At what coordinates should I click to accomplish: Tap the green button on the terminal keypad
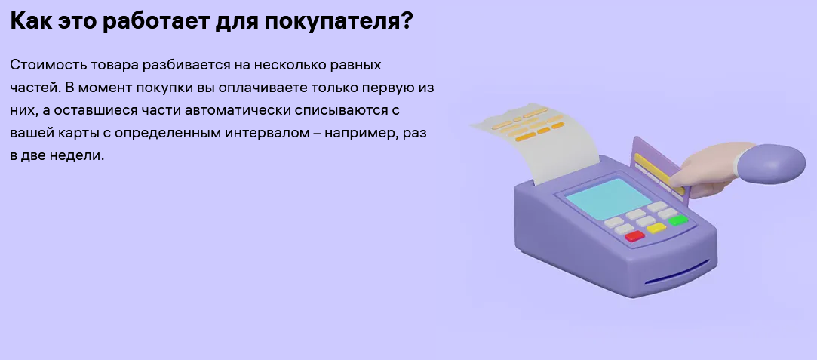click(678, 220)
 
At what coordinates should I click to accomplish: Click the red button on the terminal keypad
click(634, 236)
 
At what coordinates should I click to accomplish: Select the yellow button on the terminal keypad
click(656, 228)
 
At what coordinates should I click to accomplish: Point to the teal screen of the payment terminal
click(609, 198)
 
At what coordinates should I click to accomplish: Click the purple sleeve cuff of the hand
click(770, 164)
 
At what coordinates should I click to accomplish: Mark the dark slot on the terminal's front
click(677, 272)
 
